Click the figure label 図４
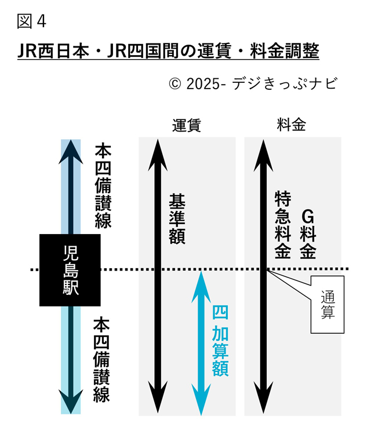31,21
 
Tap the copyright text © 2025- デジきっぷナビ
252,83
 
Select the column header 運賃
186,125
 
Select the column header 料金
292,125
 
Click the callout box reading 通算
327,305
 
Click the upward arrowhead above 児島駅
71,150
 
